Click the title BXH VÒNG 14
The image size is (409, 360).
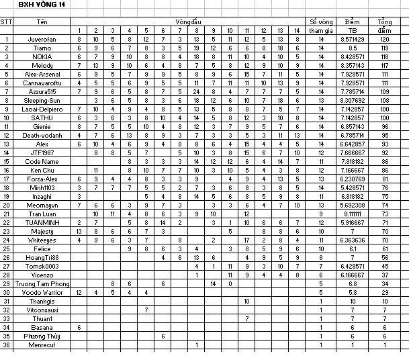(43, 5)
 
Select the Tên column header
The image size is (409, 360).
(42, 21)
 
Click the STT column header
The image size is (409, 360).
(6, 21)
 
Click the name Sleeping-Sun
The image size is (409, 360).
(42, 100)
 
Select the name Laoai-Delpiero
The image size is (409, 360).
(42, 109)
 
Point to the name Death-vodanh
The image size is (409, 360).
(42, 135)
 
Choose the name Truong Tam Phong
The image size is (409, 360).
(42, 283)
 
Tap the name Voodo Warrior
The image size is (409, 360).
(42, 292)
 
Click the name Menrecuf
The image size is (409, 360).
(42, 345)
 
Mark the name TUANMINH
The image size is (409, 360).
(42, 222)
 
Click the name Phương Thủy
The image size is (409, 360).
(42, 336)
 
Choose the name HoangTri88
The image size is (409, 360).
(42, 257)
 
